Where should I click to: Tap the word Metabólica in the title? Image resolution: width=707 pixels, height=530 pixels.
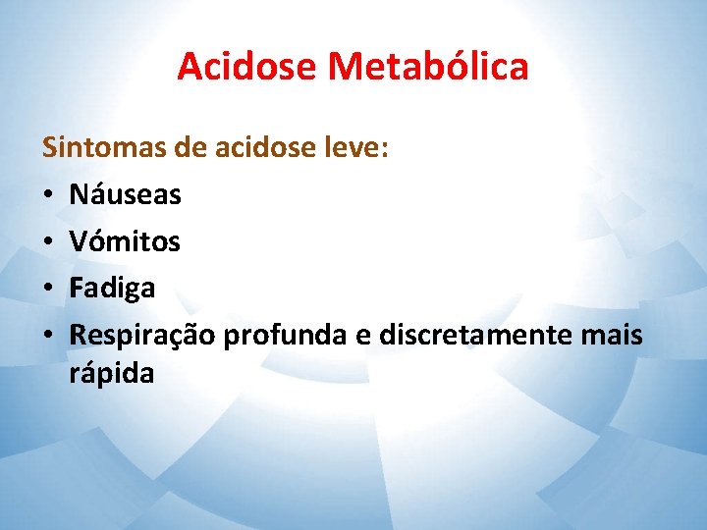[x=428, y=67]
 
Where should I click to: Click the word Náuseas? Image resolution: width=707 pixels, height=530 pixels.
[x=126, y=195]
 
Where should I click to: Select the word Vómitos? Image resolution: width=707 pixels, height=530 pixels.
[x=125, y=241]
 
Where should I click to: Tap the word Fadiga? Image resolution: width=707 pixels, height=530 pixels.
[x=112, y=288]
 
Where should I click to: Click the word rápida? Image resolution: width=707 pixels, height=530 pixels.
[x=111, y=374]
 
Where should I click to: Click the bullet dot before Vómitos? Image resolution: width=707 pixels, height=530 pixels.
[x=48, y=242]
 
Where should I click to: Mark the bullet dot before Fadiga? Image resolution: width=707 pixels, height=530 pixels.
[x=48, y=289]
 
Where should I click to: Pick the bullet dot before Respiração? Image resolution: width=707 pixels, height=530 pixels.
[x=48, y=336]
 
